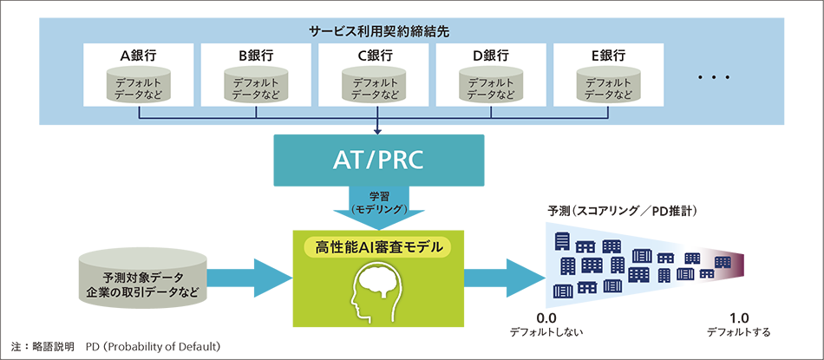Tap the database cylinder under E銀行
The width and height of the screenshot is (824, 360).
(x=610, y=85)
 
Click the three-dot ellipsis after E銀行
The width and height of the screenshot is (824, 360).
(x=716, y=78)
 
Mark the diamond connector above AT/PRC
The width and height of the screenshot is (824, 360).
(x=376, y=130)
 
